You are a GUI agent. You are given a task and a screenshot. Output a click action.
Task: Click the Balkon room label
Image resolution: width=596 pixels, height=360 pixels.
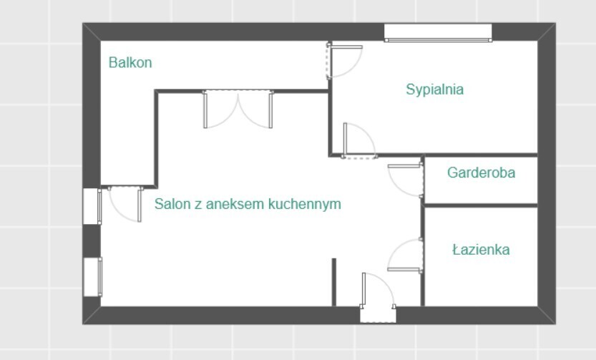pos(130,62)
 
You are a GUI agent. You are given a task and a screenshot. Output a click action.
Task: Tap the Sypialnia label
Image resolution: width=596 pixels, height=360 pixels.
pos(434,89)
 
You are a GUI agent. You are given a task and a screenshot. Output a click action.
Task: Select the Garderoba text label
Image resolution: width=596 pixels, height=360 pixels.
pos(481,172)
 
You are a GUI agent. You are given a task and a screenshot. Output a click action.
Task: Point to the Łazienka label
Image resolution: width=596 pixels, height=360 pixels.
pos(481,249)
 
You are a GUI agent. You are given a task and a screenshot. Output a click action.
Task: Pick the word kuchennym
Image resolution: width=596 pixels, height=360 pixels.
pos(305,204)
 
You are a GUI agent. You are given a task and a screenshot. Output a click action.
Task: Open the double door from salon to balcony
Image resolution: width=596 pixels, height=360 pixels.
pos(238,109)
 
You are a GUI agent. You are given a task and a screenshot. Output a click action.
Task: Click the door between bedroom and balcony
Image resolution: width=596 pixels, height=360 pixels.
pos(343,61)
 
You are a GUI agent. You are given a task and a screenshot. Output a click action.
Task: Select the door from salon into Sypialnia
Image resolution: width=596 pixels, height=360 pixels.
pos(359,140)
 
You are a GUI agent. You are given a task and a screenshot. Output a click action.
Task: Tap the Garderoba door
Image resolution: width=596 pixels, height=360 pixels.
pos(405,180)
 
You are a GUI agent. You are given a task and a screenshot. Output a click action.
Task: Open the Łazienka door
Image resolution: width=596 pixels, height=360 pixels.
pos(405,256)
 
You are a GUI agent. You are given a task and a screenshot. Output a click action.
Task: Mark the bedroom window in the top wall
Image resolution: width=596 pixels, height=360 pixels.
pos(438,33)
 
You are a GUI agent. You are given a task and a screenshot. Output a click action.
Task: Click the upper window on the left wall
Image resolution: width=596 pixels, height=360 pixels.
pos(92,206)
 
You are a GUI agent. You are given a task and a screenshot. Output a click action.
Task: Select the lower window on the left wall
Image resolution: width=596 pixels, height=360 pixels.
pos(92,277)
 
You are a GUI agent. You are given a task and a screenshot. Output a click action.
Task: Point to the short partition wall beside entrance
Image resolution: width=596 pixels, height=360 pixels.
pos(333,282)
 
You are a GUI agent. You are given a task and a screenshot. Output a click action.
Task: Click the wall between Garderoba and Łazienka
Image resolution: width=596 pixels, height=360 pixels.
pos(481,205)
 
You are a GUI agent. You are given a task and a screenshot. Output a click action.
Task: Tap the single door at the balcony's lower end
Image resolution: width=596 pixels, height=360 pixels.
pos(125,204)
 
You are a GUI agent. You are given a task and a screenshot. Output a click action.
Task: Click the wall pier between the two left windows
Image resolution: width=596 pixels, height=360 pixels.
pos(92,241)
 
